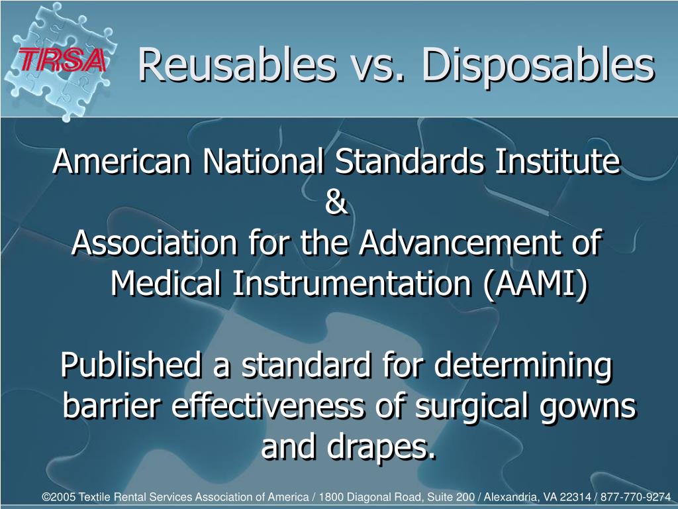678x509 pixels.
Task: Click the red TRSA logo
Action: coord(62,60)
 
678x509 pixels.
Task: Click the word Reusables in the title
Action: coord(237,65)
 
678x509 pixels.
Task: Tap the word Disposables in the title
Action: coord(538,66)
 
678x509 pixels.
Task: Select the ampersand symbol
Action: coord(336,203)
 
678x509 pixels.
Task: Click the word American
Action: coord(122,162)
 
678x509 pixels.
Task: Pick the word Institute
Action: coord(557,161)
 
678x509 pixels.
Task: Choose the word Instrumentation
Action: coord(352,284)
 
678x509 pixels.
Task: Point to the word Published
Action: coord(130,365)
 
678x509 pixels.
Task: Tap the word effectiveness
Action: coord(268,406)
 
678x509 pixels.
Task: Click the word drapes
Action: coord(381,448)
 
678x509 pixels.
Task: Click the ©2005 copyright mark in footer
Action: coord(59,497)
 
